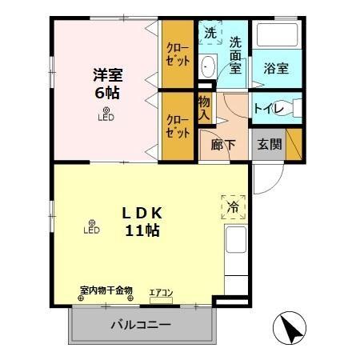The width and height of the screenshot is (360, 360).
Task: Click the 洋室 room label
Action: (x=106, y=75)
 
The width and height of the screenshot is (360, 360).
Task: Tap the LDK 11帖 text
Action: (x=142, y=222)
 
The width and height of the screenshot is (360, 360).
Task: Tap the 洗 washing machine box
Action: (x=210, y=34)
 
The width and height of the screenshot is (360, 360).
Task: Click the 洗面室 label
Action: (x=235, y=55)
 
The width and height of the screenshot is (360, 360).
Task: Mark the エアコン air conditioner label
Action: (x=162, y=292)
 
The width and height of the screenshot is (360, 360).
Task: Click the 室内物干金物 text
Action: (x=106, y=290)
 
